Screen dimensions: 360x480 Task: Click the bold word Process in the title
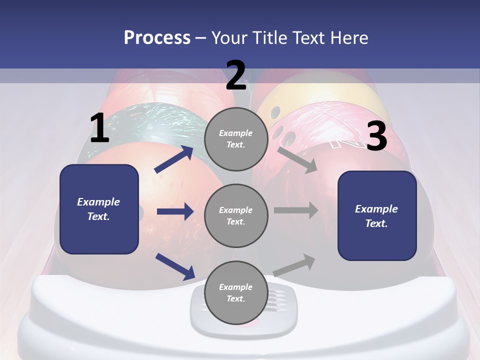pyautogui.click(x=157, y=37)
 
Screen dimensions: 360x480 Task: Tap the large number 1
pyautogui.click(x=99, y=128)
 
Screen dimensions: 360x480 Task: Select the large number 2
pyautogui.click(x=236, y=75)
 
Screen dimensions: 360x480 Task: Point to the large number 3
pyautogui.click(x=376, y=136)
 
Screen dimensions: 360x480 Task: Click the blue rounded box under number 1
pyautogui.click(x=99, y=209)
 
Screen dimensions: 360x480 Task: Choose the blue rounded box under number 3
pyautogui.click(x=377, y=215)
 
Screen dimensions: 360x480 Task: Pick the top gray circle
pyautogui.click(x=236, y=139)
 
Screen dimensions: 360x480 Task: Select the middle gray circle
pyautogui.click(x=236, y=215)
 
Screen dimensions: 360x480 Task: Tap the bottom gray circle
pyautogui.click(x=236, y=292)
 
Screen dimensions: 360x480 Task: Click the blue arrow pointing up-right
pyautogui.click(x=173, y=159)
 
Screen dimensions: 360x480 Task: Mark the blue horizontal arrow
pyautogui.click(x=175, y=211)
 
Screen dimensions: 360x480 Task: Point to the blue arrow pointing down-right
pyautogui.click(x=175, y=266)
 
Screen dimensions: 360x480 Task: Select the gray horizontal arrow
pyautogui.click(x=295, y=210)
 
